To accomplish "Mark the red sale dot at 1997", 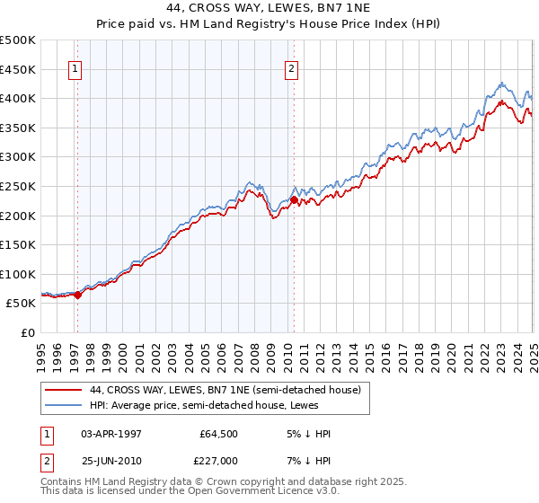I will click(x=78, y=294).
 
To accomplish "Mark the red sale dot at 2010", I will click(x=295, y=199).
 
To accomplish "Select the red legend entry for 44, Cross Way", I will click(x=225, y=390).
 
